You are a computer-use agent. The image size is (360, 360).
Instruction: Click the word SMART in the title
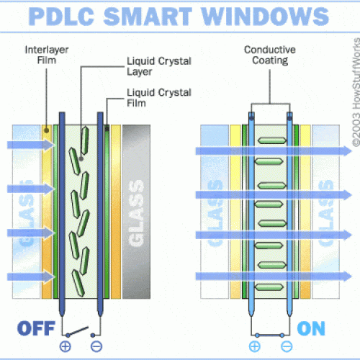click(x=148, y=17)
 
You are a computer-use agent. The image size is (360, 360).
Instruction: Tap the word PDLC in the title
click(x=61, y=17)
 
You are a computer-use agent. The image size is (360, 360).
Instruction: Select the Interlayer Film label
click(x=47, y=55)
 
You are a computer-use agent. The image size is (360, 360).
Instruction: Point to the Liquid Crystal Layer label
click(x=159, y=66)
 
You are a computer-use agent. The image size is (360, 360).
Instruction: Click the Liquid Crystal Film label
click(x=159, y=98)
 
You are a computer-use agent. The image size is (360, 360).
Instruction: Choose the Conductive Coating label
click(x=270, y=55)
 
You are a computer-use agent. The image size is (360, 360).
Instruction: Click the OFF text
click(x=37, y=328)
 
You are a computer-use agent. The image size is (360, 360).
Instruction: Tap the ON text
click(x=311, y=328)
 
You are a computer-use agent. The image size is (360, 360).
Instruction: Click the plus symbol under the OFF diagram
click(x=66, y=346)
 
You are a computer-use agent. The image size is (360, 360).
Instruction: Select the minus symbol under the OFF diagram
click(x=96, y=346)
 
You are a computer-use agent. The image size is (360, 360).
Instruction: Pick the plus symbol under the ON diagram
click(x=255, y=346)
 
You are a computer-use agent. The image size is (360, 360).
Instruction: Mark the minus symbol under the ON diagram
click(x=287, y=346)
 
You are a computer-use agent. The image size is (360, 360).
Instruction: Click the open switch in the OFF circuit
click(x=78, y=331)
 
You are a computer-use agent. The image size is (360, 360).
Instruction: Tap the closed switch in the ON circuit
click(x=270, y=335)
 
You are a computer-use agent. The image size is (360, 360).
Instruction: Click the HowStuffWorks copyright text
click(x=356, y=92)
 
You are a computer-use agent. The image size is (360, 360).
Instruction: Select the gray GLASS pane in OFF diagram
click(x=136, y=212)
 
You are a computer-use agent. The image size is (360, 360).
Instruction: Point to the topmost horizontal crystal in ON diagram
click(x=272, y=140)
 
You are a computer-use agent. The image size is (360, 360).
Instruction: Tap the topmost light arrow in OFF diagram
click(x=31, y=145)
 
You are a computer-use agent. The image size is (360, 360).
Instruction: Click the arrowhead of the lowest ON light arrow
click(x=347, y=276)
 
